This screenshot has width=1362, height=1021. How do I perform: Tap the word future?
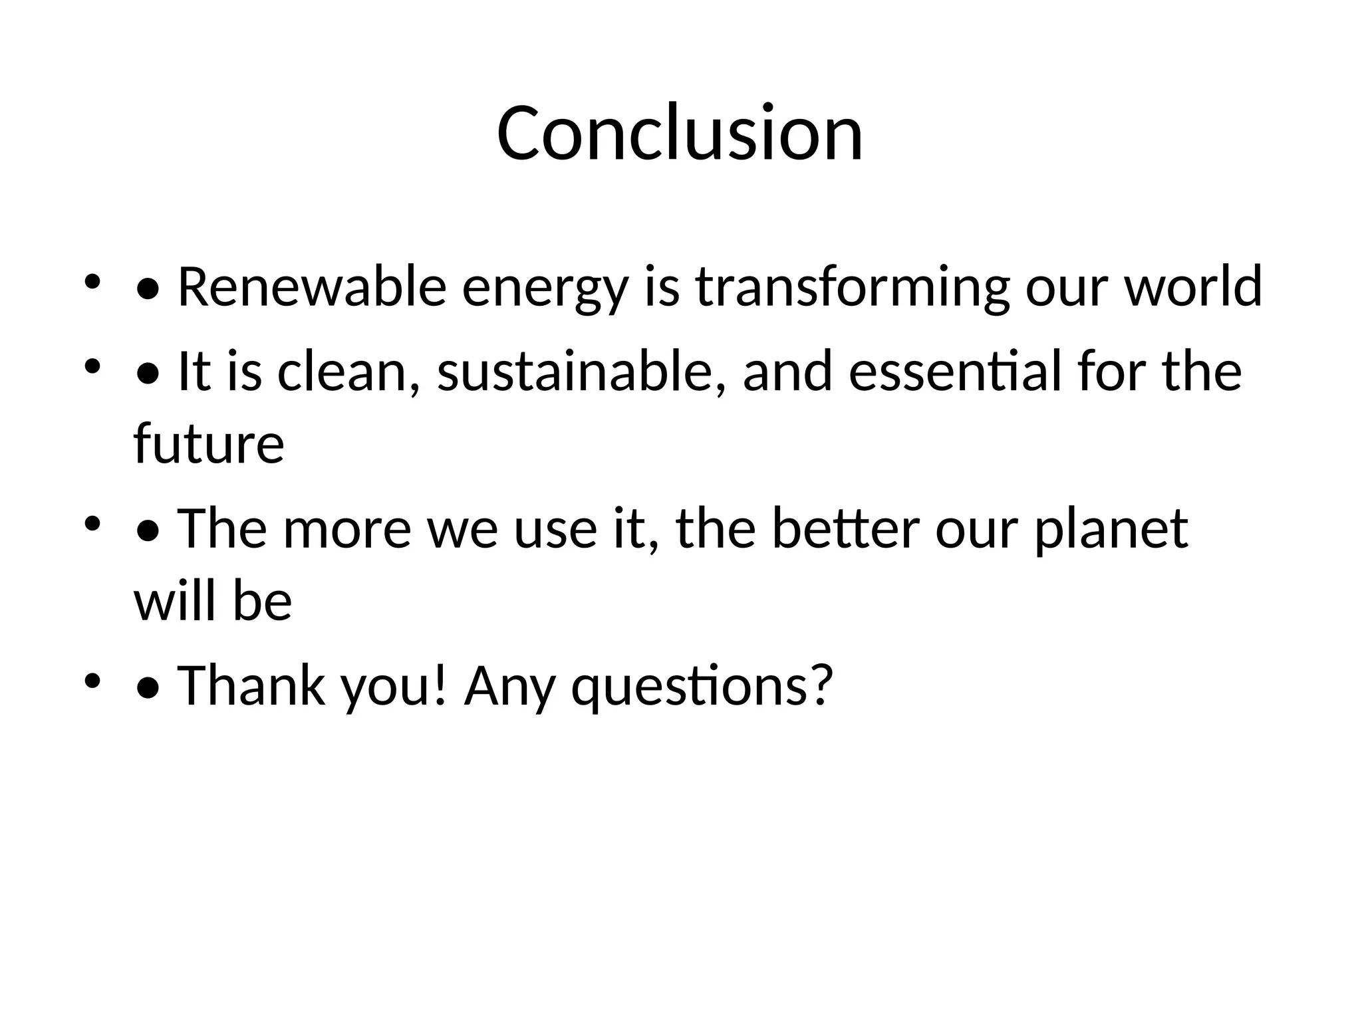pyautogui.click(x=209, y=443)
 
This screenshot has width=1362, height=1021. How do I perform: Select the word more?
pyautogui.click(x=347, y=529)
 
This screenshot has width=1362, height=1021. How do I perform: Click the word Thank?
pyautogui.click(x=251, y=685)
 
